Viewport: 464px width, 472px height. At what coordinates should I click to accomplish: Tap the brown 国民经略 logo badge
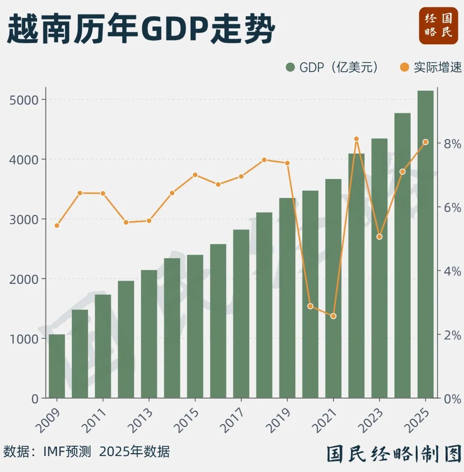pos(438,25)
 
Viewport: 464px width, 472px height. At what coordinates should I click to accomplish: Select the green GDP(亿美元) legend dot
pos(290,68)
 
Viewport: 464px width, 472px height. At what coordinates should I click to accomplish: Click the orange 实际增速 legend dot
pos(404,68)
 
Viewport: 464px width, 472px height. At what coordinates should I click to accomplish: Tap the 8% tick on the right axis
pos(452,144)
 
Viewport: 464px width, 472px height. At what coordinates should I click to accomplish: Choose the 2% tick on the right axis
pos(452,335)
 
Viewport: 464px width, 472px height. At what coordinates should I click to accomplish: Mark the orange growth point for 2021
pos(333,316)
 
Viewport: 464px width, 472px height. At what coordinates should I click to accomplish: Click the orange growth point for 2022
pos(356,139)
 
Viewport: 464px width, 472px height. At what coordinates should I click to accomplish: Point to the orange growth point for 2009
pos(57,225)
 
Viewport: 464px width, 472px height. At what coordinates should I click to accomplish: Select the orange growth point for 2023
pos(379,237)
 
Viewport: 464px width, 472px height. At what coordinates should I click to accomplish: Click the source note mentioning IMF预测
pos(87,452)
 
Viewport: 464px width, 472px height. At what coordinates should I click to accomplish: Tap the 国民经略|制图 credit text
pos(394,453)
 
